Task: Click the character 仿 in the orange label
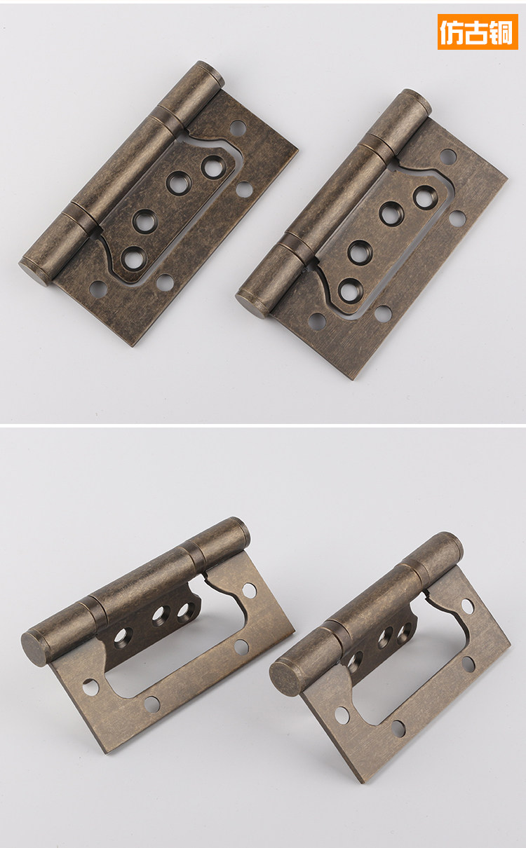(x=452, y=32)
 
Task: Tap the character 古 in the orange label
(x=477, y=32)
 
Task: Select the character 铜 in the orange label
(x=501, y=32)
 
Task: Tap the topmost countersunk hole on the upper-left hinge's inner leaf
(x=213, y=167)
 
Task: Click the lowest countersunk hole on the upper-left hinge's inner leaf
(x=133, y=258)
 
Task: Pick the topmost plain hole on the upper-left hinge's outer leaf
(x=238, y=128)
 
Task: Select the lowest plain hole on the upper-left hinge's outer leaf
(x=98, y=289)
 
